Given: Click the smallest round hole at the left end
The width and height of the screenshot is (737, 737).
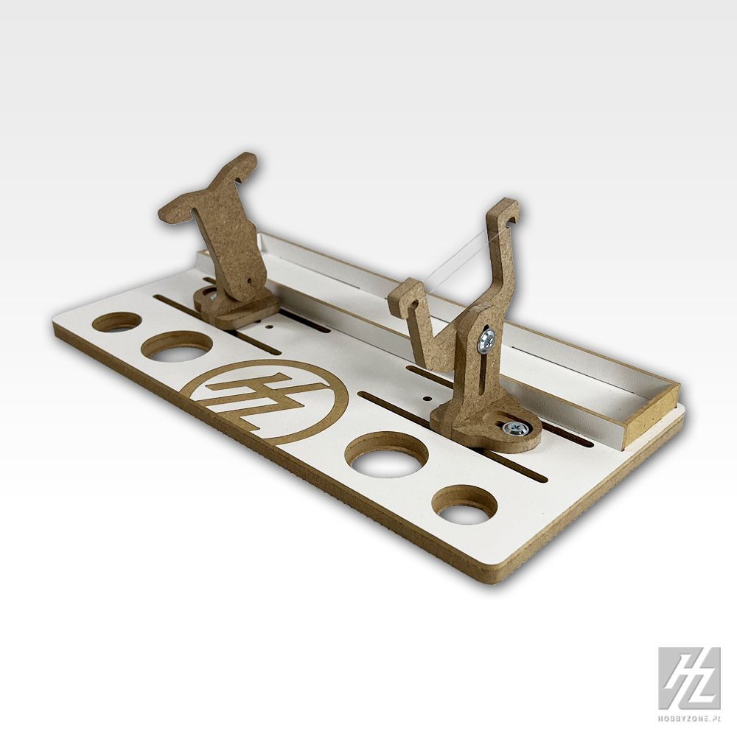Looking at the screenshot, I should (117, 322).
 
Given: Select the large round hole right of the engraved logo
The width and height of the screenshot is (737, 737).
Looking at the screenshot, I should (387, 454).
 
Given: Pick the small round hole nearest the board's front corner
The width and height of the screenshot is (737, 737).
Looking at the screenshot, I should (464, 505).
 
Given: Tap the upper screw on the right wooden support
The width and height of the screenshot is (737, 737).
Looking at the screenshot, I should (486, 340).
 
